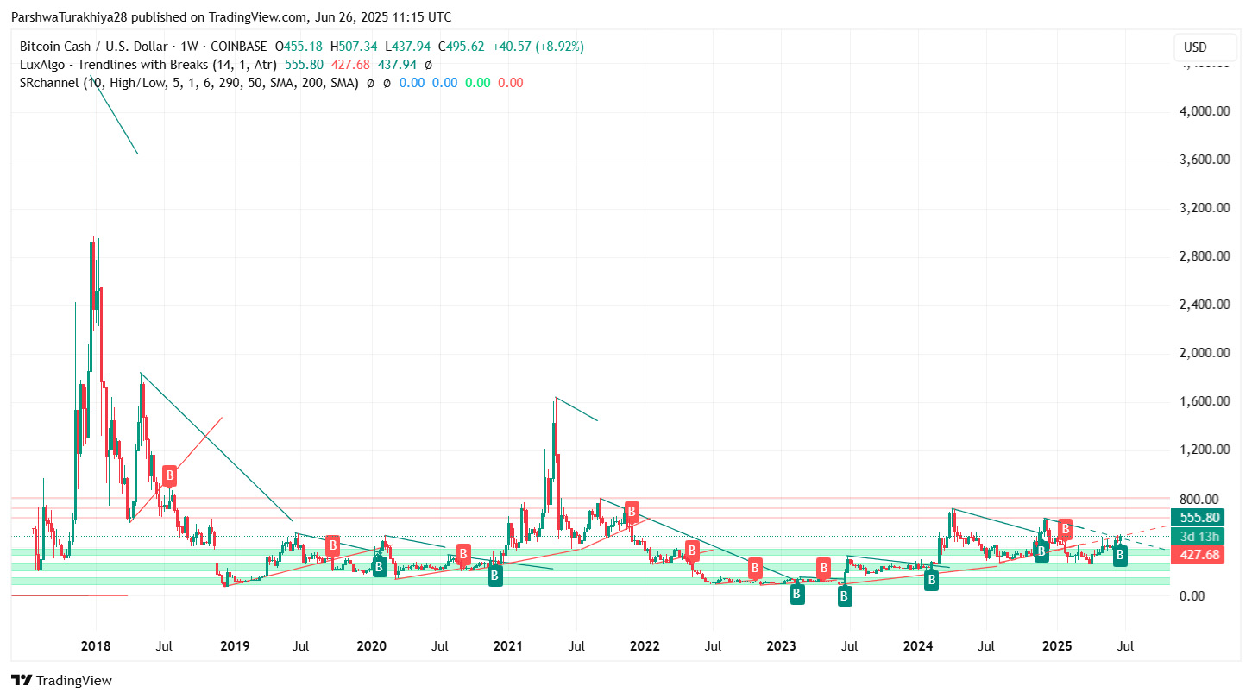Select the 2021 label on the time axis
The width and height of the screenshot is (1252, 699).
(507, 645)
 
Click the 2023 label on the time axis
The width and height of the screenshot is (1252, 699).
(781, 645)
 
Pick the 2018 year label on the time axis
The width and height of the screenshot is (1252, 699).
(96, 645)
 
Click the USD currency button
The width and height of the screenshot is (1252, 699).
(1195, 47)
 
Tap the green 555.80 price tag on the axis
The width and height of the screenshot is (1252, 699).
(1199, 518)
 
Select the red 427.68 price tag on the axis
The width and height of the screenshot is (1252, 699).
(1199, 555)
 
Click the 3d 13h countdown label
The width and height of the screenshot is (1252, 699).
(1199, 537)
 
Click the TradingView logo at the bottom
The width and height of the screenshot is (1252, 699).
(61, 680)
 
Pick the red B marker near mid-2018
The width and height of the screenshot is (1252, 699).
(170, 475)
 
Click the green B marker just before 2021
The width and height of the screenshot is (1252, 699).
(495, 576)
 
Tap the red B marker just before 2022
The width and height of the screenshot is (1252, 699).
(632, 511)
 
